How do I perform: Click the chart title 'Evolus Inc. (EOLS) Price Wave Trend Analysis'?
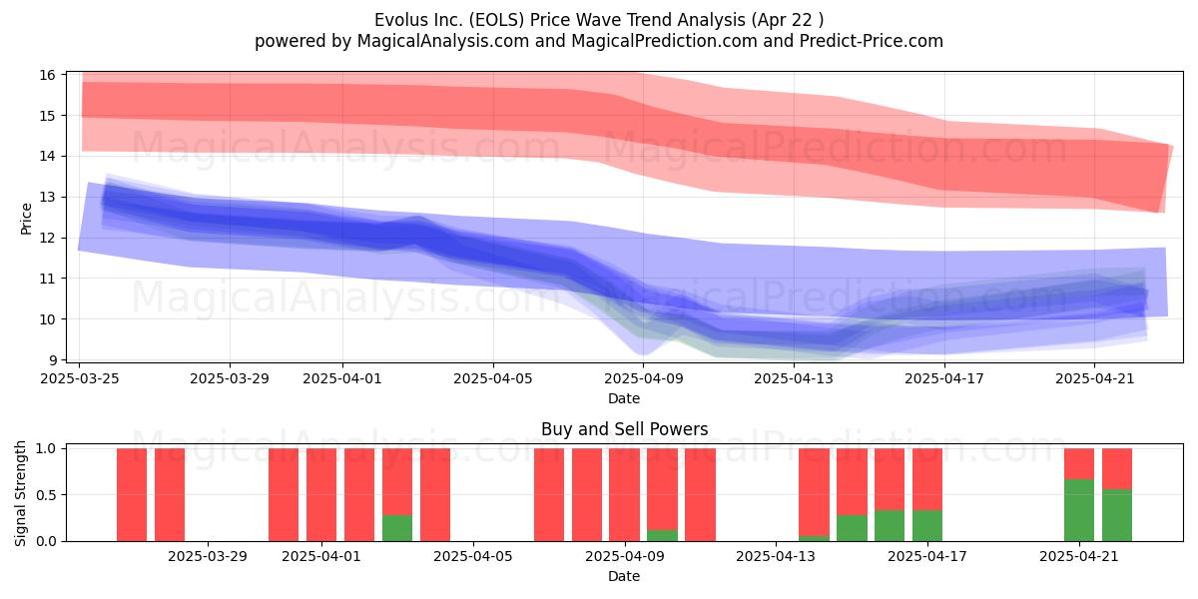559,20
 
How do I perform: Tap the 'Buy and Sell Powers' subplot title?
624,429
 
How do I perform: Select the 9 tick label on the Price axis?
52,360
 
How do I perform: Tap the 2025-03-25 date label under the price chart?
80,378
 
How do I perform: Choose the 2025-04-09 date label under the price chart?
644,378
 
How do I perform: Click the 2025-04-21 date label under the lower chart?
1079,557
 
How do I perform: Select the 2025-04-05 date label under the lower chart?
473,557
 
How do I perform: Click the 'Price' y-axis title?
26,219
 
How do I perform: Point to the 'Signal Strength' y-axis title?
20,493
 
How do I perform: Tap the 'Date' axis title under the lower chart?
624,577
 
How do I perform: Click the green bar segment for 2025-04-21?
1079,510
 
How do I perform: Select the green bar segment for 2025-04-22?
1117,515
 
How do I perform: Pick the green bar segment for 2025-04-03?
397,528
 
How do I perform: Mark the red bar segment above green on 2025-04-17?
927,479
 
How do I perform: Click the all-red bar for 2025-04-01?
321,495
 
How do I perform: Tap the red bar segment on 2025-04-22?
1117,468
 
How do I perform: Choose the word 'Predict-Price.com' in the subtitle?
872,41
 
